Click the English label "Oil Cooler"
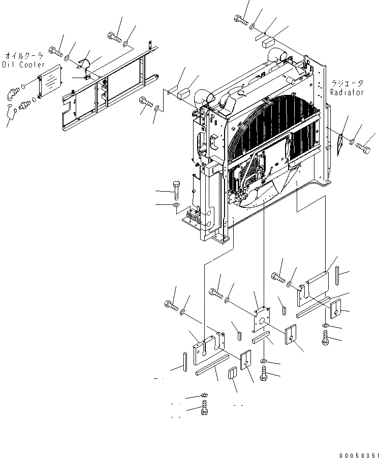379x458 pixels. pos(24,64)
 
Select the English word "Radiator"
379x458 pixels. pos(347,92)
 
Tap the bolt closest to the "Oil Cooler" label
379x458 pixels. pos(55,50)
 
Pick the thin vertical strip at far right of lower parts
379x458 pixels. pos(337,278)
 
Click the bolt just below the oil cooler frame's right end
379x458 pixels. pos(146,102)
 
